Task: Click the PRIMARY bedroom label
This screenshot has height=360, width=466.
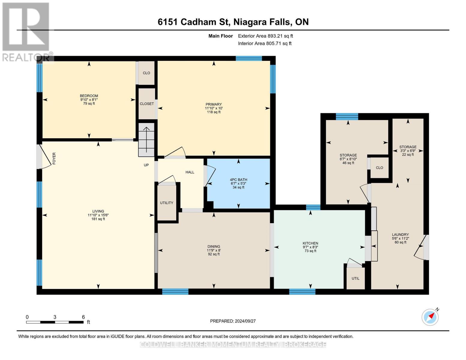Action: click(x=213, y=104)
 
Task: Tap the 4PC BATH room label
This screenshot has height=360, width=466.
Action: click(x=239, y=180)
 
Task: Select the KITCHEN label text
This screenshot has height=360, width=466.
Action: click(x=310, y=243)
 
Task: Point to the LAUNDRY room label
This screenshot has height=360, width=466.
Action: click(x=400, y=235)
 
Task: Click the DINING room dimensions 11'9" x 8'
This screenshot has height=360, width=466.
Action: click(x=214, y=250)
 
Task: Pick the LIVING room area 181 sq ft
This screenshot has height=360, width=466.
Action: click(x=98, y=219)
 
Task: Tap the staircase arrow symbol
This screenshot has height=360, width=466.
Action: click(x=146, y=139)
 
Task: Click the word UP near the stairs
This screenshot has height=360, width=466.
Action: click(x=146, y=165)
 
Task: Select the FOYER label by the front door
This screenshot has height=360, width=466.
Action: click(x=54, y=158)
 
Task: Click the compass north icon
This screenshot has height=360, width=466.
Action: click(x=430, y=317)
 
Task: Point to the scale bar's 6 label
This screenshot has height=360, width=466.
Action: click(x=83, y=317)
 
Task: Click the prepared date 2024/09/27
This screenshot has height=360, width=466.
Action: click(x=233, y=321)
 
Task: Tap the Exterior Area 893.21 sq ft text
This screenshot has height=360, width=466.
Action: click(x=265, y=36)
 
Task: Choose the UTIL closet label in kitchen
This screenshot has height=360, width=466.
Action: click(x=355, y=278)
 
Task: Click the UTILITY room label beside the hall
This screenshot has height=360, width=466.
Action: click(x=167, y=203)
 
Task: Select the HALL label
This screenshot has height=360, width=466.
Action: click(x=190, y=172)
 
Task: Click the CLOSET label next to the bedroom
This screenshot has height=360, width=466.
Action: click(x=147, y=104)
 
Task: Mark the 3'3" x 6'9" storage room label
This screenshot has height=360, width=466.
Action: click(x=408, y=151)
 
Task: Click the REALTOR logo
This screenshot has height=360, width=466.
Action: click(x=26, y=31)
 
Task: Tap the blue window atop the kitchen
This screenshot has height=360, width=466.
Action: click(x=313, y=207)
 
